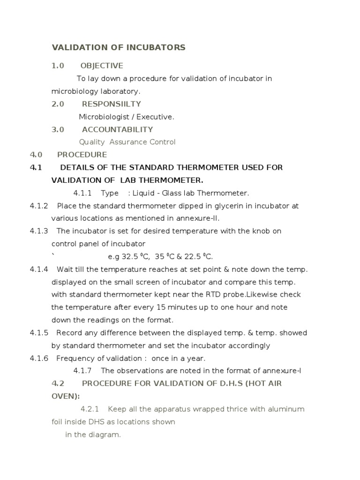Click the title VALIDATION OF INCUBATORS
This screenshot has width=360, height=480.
118,47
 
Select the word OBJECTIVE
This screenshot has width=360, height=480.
102,66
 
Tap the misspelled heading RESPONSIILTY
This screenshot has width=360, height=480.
111,104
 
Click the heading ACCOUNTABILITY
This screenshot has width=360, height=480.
117,129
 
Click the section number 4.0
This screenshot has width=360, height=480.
36,155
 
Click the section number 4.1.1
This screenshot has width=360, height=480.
82,193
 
